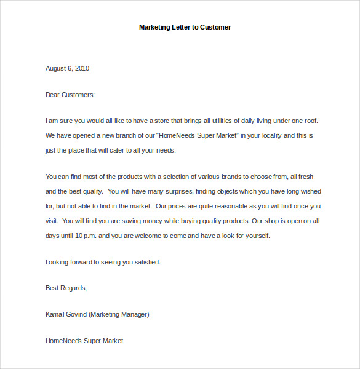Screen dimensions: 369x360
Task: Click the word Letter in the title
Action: click(x=179, y=27)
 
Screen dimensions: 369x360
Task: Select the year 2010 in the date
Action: click(x=81, y=68)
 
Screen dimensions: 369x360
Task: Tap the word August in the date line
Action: click(x=57, y=68)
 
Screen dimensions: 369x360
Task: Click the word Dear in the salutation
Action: click(x=53, y=95)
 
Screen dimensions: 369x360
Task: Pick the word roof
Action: click(x=310, y=121)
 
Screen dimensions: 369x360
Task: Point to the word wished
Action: click(x=310, y=191)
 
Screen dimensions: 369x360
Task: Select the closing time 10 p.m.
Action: click(x=84, y=235)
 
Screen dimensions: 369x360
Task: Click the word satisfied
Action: click(x=145, y=262)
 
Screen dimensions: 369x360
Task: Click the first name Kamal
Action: click(x=55, y=314)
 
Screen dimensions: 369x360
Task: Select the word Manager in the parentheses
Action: click(x=134, y=314)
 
